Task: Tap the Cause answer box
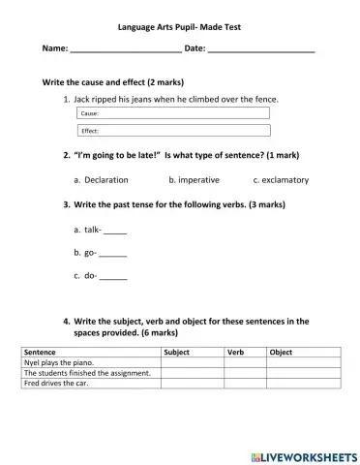click(x=172, y=114)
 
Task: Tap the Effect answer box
click(x=172, y=131)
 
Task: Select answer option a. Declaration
click(x=101, y=180)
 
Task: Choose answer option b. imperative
click(x=194, y=180)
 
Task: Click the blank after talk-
click(x=115, y=231)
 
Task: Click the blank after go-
click(x=113, y=253)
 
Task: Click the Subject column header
click(x=193, y=353)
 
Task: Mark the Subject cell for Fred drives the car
click(x=193, y=384)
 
